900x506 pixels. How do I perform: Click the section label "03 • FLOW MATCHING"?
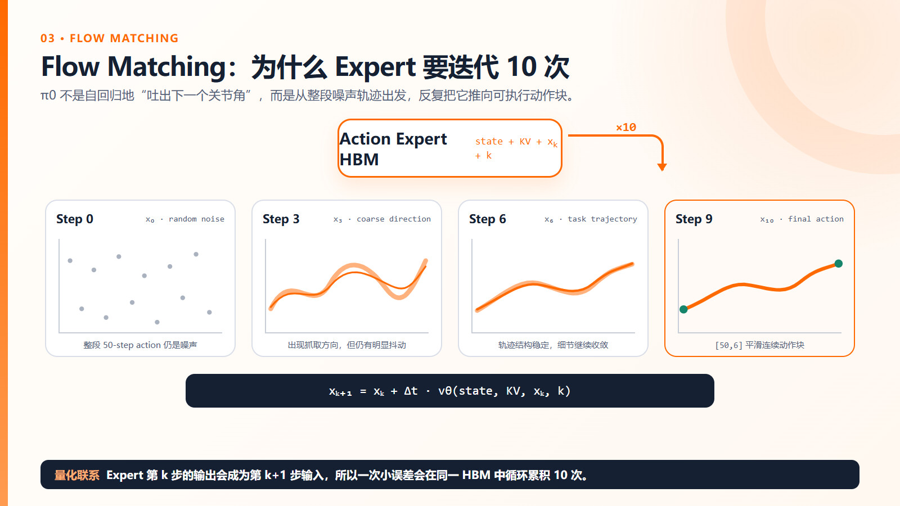click(x=109, y=38)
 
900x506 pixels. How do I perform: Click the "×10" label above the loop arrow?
click(x=626, y=127)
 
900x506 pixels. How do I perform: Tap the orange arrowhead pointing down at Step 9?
click(x=661, y=167)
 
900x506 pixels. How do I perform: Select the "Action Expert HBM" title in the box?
click(x=393, y=149)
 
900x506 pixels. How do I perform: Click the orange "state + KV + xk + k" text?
click(x=516, y=148)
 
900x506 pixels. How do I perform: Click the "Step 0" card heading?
click(x=75, y=219)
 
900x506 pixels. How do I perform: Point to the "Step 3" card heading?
click(x=281, y=219)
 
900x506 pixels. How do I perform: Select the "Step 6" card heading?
click(x=487, y=219)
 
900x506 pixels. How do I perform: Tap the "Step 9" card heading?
click(x=694, y=219)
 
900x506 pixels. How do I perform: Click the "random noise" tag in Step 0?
click(x=196, y=219)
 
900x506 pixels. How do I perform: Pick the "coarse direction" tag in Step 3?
click(x=394, y=219)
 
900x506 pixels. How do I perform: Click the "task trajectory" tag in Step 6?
click(x=602, y=219)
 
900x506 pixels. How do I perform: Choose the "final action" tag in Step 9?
click(x=816, y=219)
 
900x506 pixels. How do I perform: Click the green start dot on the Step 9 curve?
click(x=683, y=309)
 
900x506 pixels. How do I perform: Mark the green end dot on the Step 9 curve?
click(x=839, y=264)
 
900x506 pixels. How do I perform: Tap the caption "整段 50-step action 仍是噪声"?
click(x=140, y=345)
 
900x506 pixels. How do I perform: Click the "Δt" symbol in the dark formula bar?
click(x=411, y=391)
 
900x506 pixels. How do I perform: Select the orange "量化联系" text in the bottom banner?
click(x=76, y=475)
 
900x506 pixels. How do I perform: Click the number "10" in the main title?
click(x=521, y=67)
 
